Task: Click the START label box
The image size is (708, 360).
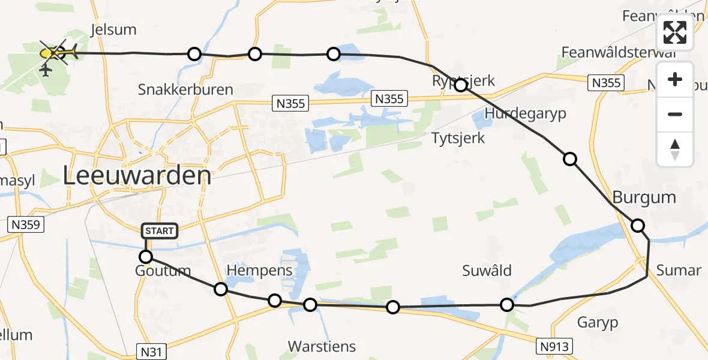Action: pyautogui.click(x=160, y=230)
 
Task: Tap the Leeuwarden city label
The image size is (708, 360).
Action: pyautogui.click(x=137, y=176)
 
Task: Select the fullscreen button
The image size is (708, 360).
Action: pyautogui.click(x=675, y=32)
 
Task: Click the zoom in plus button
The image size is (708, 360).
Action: pyautogui.click(x=675, y=79)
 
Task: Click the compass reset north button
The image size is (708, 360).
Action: pyautogui.click(x=675, y=149)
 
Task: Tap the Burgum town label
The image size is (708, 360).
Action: pyautogui.click(x=644, y=197)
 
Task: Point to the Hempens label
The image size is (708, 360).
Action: pyautogui.click(x=259, y=270)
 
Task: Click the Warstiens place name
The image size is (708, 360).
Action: pyautogui.click(x=322, y=346)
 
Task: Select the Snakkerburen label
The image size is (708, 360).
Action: pyautogui.click(x=185, y=89)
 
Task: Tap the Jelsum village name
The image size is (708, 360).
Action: pyautogui.click(x=113, y=29)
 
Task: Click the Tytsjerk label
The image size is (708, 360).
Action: pyautogui.click(x=458, y=138)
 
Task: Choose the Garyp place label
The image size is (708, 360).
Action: pyautogui.click(x=598, y=323)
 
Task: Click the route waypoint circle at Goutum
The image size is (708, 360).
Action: pyautogui.click(x=146, y=257)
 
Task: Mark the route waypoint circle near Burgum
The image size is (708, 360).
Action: pyautogui.click(x=638, y=226)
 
